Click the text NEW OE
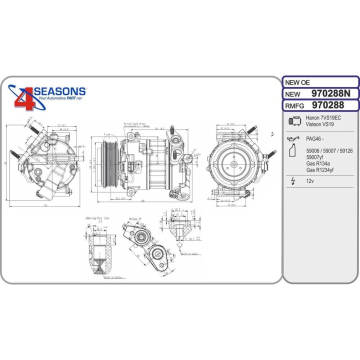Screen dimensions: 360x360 tap(296, 82)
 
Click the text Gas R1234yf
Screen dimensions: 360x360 tap(319, 170)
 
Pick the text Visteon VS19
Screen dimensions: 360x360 tap(320, 124)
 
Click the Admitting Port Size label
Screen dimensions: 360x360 tap(98, 218)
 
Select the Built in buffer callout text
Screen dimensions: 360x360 tap(113, 276)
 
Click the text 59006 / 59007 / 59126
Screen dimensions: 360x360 tap(329, 150)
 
